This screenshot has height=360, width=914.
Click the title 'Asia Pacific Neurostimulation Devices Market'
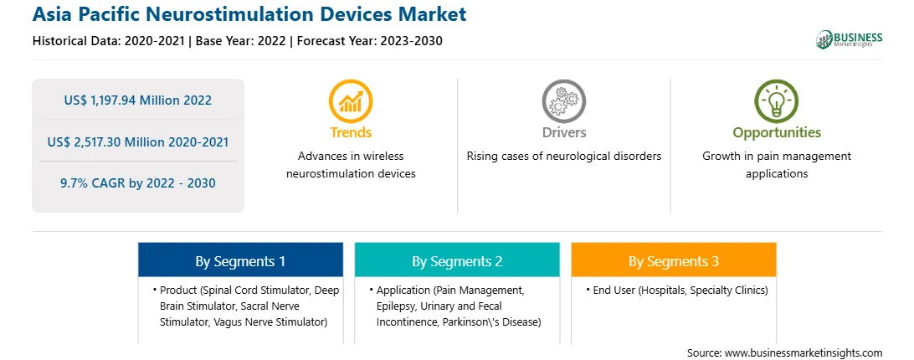point(249,14)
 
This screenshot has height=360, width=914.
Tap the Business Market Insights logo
point(849,39)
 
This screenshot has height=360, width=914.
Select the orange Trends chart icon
point(351,101)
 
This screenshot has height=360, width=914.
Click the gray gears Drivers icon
point(563,101)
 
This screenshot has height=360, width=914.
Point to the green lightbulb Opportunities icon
point(777,101)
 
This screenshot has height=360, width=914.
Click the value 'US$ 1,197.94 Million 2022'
point(137,100)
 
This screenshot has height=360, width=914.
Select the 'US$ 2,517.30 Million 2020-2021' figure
point(137,141)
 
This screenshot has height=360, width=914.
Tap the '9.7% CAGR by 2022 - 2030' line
point(137,183)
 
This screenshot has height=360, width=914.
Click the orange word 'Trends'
point(351,132)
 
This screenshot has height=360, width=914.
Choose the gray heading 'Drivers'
point(563,132)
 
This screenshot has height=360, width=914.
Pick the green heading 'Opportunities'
point(777,132)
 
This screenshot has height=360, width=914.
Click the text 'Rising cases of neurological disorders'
point(563,157)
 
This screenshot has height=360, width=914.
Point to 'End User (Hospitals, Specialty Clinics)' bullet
point(677,290)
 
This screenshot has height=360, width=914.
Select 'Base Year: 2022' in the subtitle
point(240,41)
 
